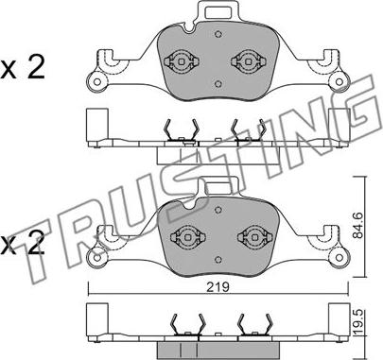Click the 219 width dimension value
click(218, 287)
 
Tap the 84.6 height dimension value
click(358, 226)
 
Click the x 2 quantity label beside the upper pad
click(23, 67)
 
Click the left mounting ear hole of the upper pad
click(97, 82)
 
